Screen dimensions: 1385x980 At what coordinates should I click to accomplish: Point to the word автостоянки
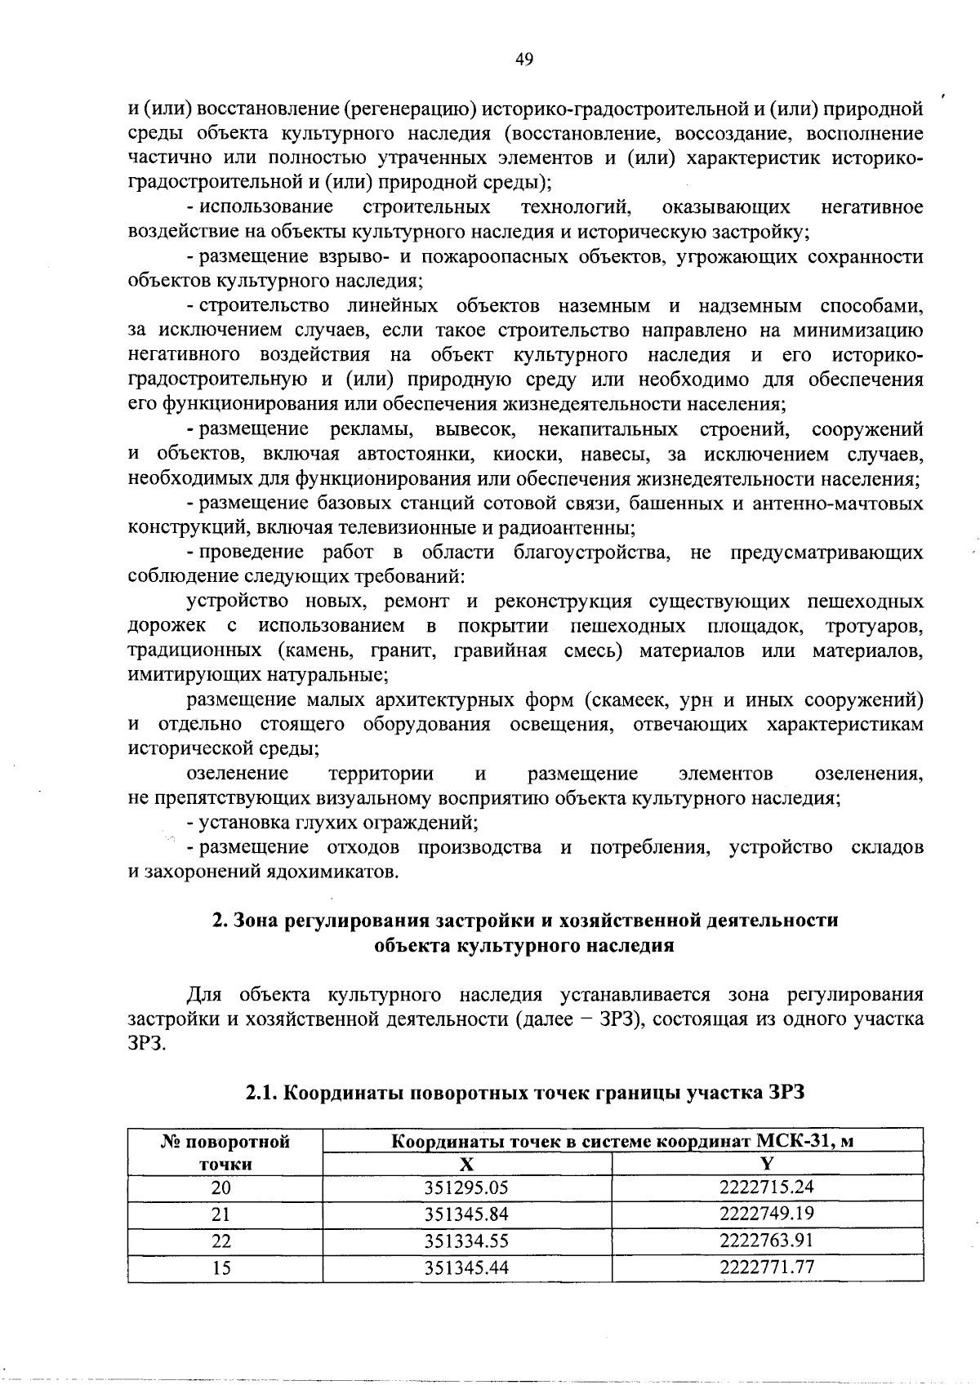(x=422, y=454)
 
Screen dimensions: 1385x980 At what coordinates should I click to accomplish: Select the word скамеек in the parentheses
(x=628, y=699)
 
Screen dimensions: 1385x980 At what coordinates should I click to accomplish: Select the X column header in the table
(x=467, y=1164)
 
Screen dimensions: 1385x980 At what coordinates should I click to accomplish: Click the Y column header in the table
(x=767, y=1164)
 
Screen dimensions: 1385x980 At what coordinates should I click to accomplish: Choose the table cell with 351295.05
(x=467, y=1187)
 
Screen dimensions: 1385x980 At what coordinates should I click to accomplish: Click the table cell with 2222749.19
(x=767, y=1214)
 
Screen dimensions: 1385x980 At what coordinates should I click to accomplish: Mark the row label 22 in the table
(x=221, y=1241)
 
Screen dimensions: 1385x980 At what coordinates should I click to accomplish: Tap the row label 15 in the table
(x=221, y=1268)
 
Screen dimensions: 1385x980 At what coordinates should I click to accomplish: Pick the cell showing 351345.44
(x=467, y=1268)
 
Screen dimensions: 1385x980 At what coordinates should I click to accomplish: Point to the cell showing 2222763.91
(x=767, y=1241)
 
